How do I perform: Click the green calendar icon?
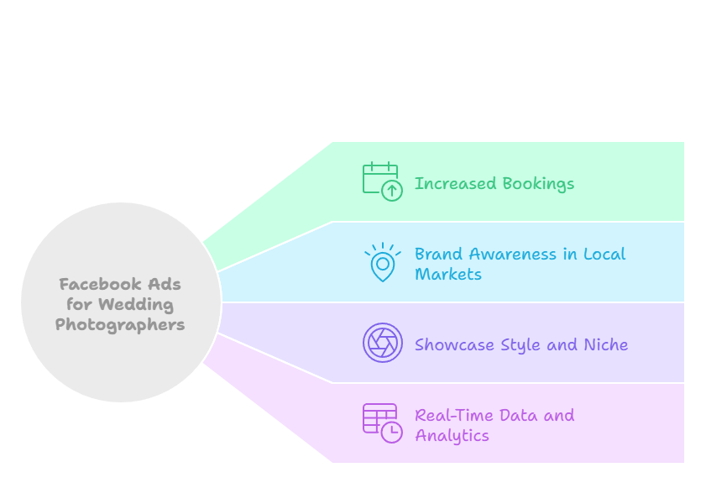380,180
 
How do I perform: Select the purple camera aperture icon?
383,343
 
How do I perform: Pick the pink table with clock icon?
382,423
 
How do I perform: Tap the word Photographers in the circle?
120,325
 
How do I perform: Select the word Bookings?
537,184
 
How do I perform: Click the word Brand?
439,254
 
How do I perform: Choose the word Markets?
448,274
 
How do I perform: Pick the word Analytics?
452,436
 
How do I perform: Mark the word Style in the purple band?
521,344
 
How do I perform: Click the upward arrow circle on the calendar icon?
392,191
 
